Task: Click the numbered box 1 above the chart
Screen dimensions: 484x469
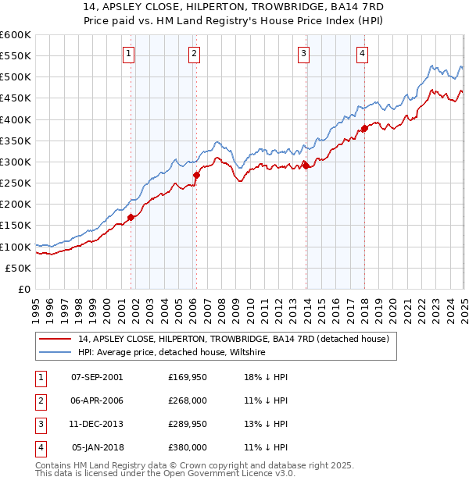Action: [x=128, y=54]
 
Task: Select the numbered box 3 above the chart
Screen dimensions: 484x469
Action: [x=303, y=54]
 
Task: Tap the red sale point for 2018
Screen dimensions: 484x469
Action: [x=364, y=129]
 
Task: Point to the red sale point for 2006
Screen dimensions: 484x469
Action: [x=196, y=176]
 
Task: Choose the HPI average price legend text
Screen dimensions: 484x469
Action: [x=172, y=353]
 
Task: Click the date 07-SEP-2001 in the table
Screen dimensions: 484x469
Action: [x=97, y=376]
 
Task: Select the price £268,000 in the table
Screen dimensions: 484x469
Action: [x=188, y=400]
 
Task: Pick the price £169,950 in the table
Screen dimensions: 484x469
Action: [x=188, y=376]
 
